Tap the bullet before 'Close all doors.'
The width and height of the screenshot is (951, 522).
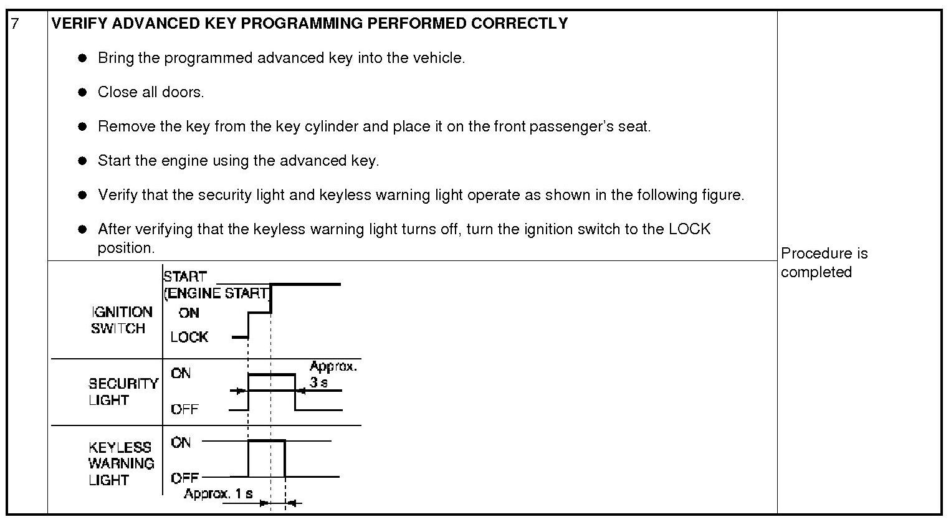pos(82,92)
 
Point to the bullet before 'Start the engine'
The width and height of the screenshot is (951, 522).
pos(82,161)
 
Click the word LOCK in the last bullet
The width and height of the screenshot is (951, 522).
pos(689,229)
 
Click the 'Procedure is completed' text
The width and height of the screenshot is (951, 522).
pos(823,262)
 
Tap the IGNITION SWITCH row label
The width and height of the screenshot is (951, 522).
pos(122,320)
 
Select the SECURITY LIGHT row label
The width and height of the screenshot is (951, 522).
pos(123,392)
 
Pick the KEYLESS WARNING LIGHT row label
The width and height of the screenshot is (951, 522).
pos(121,463)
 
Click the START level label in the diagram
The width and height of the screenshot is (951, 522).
pos(184,276)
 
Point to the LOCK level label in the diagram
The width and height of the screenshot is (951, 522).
pos(189,337)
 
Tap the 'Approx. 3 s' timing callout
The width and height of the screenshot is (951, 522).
pos(333,374)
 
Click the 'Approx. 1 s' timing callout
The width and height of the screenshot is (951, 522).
pos(218,494)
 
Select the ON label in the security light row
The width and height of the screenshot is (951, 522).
pos(181,373)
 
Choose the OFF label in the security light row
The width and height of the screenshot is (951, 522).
pos(184,409)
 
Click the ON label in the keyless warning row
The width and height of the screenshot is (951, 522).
pos(181,442)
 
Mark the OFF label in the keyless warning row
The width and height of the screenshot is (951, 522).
pos(184,478)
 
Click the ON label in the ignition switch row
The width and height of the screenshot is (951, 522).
pos(189,313)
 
